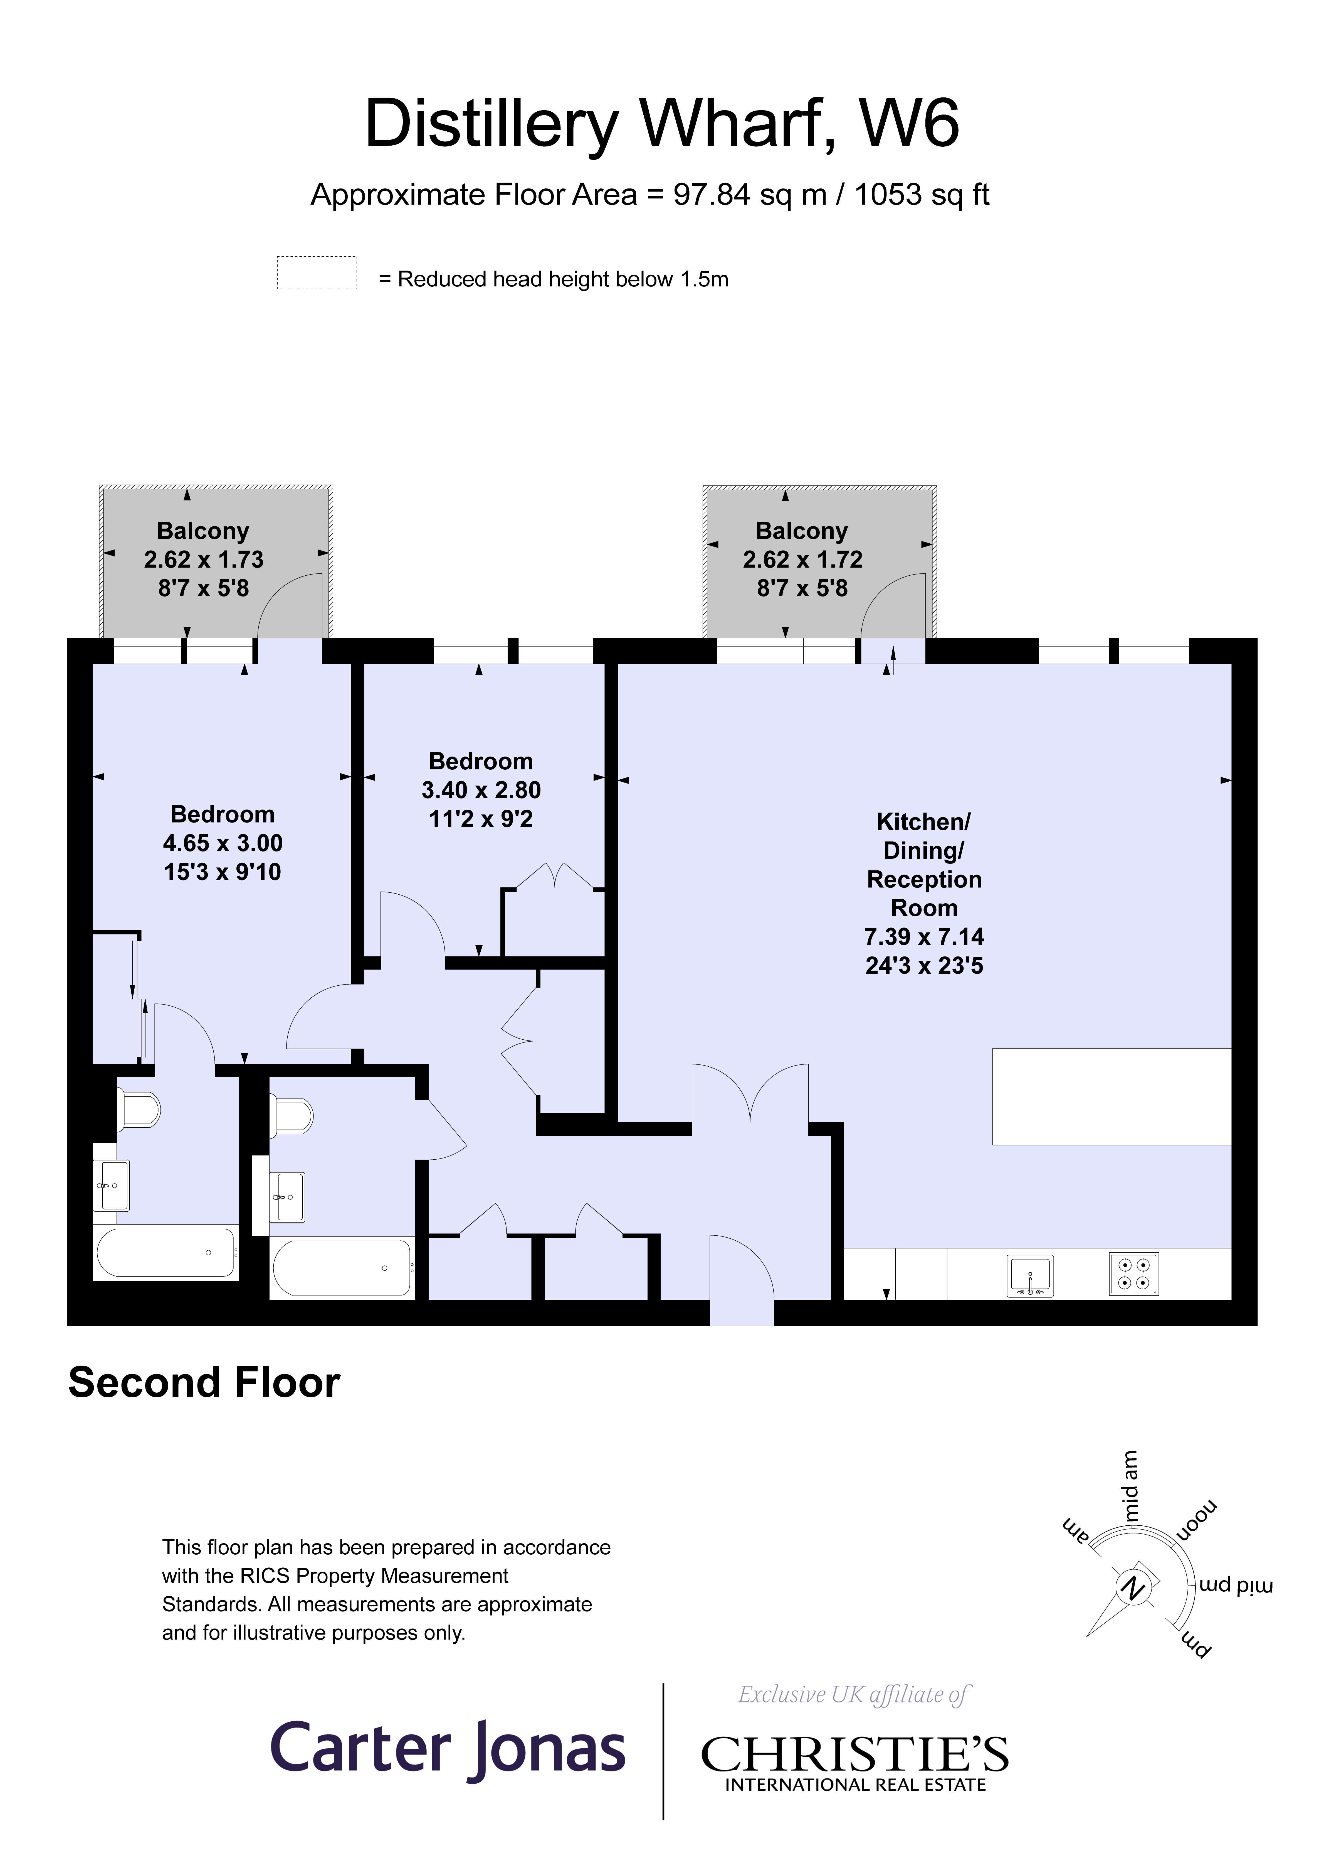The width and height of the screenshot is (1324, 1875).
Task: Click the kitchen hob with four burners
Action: coord(1133,1274)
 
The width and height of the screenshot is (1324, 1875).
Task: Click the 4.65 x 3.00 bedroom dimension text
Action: coord(223,843)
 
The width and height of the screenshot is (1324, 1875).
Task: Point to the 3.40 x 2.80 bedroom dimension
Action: coord(481,790)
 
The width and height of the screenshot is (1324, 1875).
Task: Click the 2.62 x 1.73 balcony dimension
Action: coord(203,559)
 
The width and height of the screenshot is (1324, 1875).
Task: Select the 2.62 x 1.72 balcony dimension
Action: coord(802,559)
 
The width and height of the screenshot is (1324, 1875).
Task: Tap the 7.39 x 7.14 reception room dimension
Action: coord(924,937)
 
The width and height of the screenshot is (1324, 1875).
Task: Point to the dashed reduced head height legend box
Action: coord(317,273)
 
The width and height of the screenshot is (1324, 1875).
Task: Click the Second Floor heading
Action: coord(204,1383)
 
